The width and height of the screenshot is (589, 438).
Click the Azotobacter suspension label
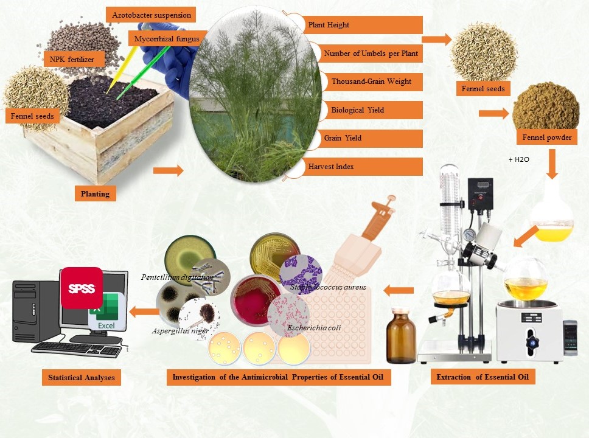pyautogui.click(x=152, y=15)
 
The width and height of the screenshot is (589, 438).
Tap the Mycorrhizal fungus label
pyautogui.click(x=167, y=39)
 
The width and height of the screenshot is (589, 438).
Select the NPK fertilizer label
pyautogui.click(x=72, y=59)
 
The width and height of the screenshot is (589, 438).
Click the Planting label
pyautogui.click(x=95, y=194)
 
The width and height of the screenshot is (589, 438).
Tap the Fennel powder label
pyautogui.click(x=546, y=137)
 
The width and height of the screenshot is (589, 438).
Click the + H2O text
pyautogui.click(x=519, y=159)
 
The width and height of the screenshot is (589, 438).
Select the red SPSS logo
pyautogui.click(x=82, y=288)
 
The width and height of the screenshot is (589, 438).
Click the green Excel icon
pyautogui.click(x=107, y=312)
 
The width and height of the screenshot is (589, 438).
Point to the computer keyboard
pyautogui.click(x=77, y=349)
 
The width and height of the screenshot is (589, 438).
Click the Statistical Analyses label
pyautogui.click(x=81, y=378)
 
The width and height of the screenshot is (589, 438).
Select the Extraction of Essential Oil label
pyautogui.click(x=483, y=377)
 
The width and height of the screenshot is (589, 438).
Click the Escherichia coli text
pyautogui.click(x=314, y=328)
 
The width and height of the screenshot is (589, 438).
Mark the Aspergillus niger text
pyautogui.click(x=180, y=331)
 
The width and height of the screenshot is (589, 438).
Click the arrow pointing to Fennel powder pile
pyautogui.click(x=494, y=113)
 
